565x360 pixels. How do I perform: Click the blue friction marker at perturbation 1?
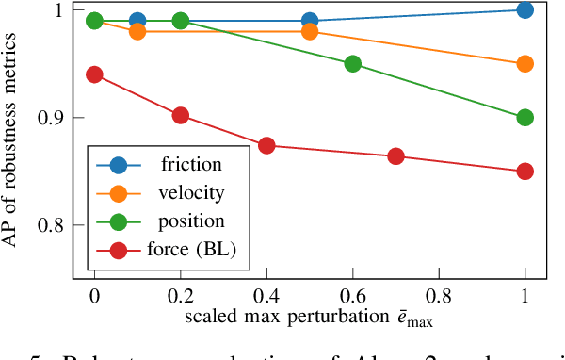525,10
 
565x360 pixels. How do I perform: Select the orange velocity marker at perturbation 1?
525,64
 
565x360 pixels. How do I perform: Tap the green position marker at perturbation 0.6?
353,64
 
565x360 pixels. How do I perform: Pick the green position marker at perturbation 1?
525,118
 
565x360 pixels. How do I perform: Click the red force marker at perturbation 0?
94,74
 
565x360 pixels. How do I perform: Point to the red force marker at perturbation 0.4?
266,146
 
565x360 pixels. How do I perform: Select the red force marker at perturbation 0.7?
395,156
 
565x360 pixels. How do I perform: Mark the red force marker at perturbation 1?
525,172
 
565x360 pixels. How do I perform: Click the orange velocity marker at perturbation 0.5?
310,31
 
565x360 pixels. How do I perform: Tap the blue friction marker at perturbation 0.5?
310,20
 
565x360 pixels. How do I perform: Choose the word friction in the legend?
191,165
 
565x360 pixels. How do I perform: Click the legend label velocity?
192,193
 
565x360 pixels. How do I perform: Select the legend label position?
192,221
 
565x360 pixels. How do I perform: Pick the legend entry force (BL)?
192,250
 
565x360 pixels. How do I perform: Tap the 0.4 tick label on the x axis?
266,295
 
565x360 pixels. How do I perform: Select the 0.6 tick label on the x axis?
353,295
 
